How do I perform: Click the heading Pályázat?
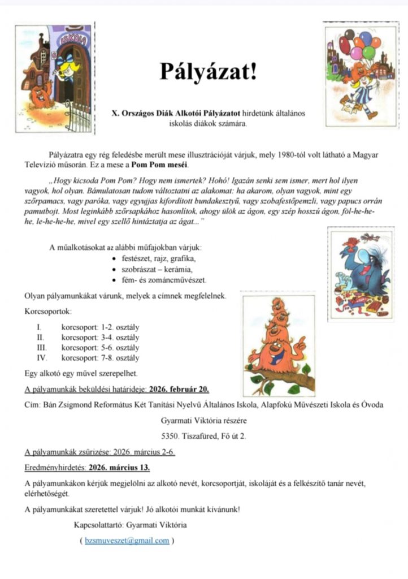207,72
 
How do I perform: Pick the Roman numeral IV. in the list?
41,358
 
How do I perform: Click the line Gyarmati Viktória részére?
203,421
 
